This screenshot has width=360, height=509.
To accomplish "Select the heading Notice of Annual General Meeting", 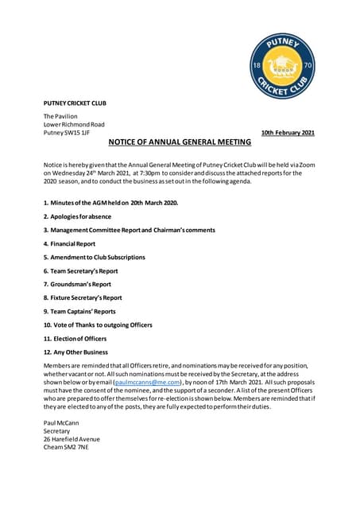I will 180,142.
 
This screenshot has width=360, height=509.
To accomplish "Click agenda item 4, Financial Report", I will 69,243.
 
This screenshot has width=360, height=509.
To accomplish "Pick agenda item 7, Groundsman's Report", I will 77,284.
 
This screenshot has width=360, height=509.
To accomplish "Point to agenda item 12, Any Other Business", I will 75,352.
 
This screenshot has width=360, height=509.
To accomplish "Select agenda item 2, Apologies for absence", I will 77,216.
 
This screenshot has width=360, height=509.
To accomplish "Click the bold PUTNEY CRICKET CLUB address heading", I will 75,103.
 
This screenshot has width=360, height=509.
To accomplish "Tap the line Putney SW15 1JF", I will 67,132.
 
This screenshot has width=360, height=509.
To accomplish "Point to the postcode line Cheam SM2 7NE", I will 66,447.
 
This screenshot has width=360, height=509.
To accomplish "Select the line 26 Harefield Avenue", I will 72,439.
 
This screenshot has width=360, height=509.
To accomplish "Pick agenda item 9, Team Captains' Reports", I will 79,311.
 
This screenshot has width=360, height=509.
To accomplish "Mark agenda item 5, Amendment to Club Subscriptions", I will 94,257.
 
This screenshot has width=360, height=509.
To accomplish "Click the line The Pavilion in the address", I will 60,117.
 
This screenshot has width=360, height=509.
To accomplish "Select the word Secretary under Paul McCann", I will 56,430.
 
